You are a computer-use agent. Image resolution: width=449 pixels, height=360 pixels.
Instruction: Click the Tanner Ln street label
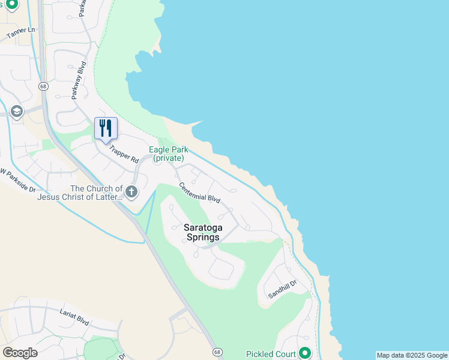point(21,33)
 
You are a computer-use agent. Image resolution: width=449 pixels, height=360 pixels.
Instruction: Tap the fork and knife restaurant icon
point(106,128)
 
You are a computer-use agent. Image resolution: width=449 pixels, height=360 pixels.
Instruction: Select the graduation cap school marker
point(16,112)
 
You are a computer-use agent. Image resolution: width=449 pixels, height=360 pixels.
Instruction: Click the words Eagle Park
point(169,150)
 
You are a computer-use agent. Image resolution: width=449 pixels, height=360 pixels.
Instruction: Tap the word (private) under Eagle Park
point(169,158)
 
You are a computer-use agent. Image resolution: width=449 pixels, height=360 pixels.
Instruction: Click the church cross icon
point(131,193)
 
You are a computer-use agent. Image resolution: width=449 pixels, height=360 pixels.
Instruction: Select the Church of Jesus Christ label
point(80,193)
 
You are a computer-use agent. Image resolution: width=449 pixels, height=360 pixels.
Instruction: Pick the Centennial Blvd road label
point(200,193)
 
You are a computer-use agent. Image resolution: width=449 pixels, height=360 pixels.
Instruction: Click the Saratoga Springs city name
point(200,232)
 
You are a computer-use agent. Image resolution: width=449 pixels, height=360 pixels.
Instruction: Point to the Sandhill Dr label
point(283,290)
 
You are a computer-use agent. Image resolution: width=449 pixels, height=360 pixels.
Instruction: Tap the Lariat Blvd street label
point(74,317)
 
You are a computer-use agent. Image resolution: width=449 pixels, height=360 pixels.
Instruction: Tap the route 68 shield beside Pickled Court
point(215,351)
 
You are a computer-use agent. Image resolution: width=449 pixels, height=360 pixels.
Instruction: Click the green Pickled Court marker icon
point(305,353)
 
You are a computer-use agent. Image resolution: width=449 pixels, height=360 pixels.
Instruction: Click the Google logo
point(20,353)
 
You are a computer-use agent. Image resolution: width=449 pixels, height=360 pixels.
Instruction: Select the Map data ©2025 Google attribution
point(412,355)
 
